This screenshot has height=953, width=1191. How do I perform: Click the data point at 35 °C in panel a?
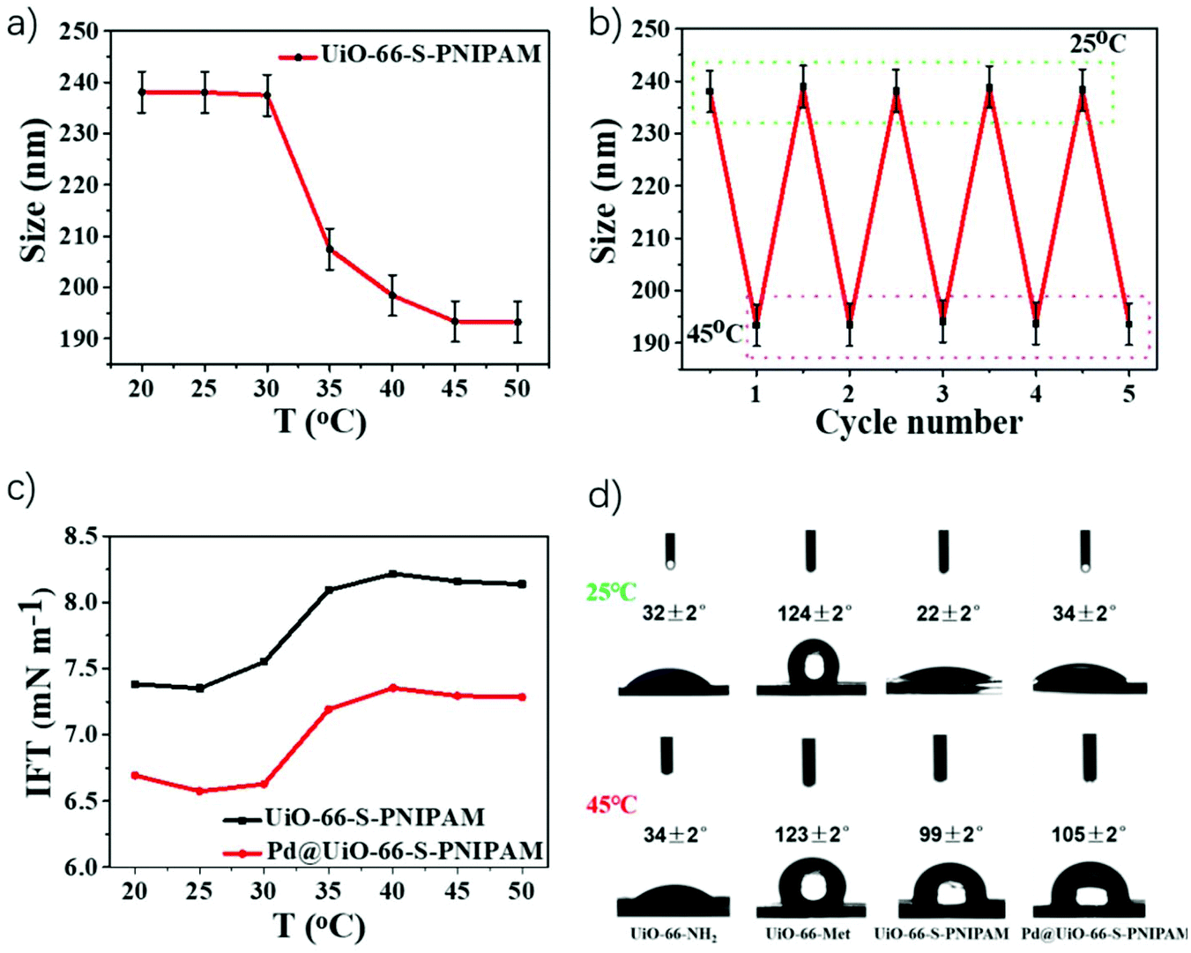coord(330,249)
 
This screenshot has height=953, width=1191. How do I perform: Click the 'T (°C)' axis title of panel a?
coord(319,421)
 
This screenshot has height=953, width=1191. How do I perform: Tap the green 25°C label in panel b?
coord(1097,43)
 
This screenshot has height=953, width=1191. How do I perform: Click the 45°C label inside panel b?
coord(714,334)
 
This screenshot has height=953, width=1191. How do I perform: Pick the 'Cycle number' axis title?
coord(919,422)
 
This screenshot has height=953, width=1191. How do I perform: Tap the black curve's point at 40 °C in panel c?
coord(393,574)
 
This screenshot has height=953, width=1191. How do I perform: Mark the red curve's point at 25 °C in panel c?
coord(199,791)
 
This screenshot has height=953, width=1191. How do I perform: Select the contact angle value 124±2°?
coord(814,613)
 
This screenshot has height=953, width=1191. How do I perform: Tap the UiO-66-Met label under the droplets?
coord(808,934)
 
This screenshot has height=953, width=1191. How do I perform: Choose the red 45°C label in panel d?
coord(611,805)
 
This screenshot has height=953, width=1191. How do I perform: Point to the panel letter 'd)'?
coord(605,496)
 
